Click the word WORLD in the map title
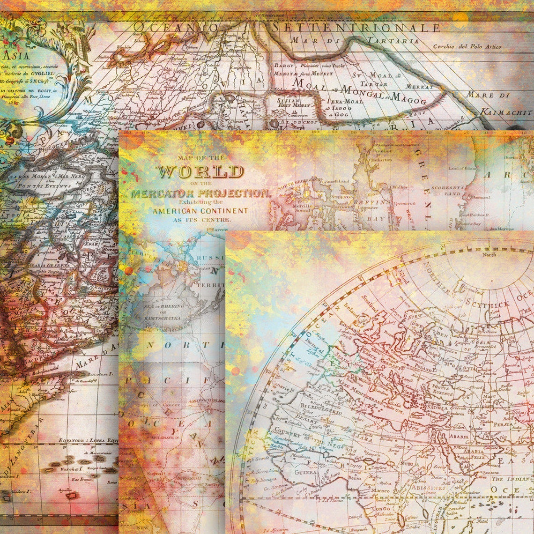200,171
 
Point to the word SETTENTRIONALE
356,28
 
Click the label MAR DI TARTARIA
355,41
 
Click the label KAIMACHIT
506,112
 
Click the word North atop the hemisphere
489,255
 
